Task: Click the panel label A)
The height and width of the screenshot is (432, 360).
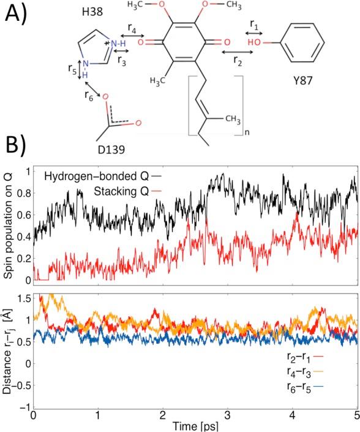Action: [x=17, y=13]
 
